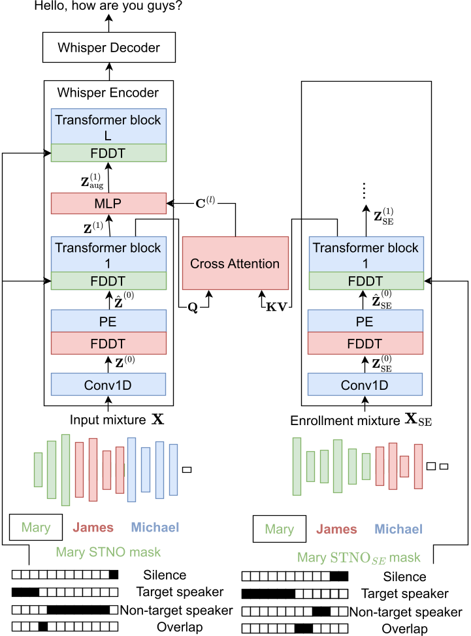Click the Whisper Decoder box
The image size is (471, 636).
click(x=108, y=48)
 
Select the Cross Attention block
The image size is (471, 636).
click(x=235, y=264)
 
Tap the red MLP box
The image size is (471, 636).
click(x=108, y=203)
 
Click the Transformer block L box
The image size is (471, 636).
click(x=108, y=126)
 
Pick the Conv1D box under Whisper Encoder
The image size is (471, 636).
click(x=108, y=385)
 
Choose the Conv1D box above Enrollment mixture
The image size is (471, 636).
click(x=365, y=385)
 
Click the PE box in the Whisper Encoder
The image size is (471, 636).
click(x=108, y=321)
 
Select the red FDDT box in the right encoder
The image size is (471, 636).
click(x=365, y=342)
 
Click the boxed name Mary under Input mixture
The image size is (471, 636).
click(x=36, y=528)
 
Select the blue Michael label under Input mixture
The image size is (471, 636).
click(x=154, y=528)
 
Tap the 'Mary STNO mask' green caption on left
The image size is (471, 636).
click(x=108, y=552)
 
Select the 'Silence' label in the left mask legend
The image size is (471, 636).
click(x=165, y=575)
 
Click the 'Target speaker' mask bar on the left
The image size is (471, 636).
click(x=65, y=593)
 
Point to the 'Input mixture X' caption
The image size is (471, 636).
click(x=116, y=420)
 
